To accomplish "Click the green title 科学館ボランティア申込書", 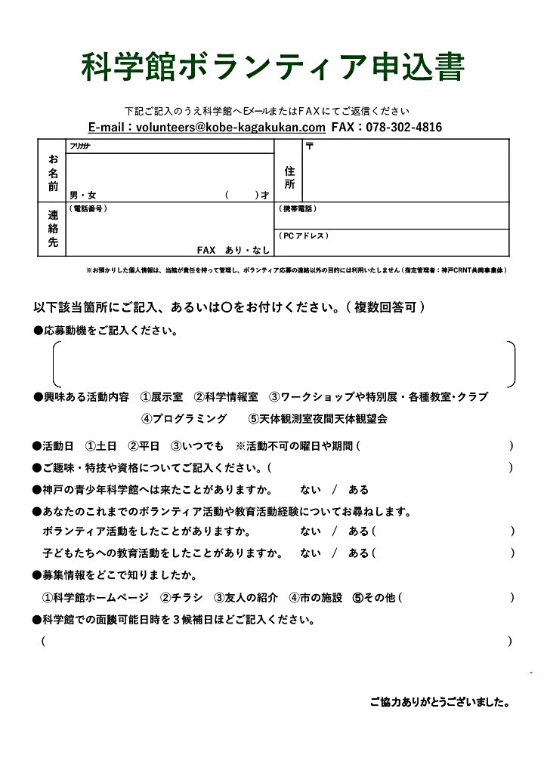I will click(273, 67).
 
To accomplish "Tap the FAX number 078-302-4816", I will click(403, 128).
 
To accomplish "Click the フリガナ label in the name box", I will click(79, 146).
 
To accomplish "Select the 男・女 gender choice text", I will click(83, 195).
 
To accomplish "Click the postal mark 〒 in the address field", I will click(309, 146).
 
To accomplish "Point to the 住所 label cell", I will click(289, 177).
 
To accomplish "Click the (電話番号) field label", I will click(88, 208).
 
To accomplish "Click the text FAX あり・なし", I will click(233, 250).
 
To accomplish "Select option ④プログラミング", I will click(184, 418).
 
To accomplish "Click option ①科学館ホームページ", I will click(95, 598).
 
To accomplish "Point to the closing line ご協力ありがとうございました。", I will click(439, 702).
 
